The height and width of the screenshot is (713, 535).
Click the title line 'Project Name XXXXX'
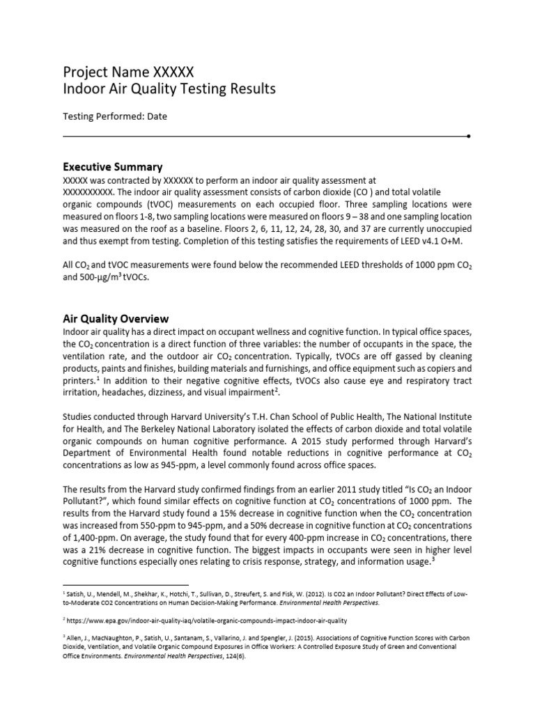tap(128, 71)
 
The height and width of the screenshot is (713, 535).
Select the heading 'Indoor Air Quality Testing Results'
tap(169, 89)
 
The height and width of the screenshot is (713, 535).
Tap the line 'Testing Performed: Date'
tap(115, 116)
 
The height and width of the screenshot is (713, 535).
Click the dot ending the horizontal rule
tap(468, 135)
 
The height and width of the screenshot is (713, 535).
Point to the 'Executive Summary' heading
tap(113, 167)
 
